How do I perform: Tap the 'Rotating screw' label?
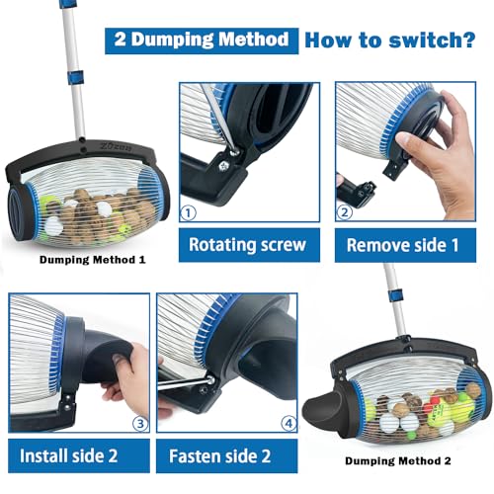coord(249,245)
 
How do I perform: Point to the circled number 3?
coord(139,424)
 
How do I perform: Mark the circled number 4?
coord(288,424)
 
